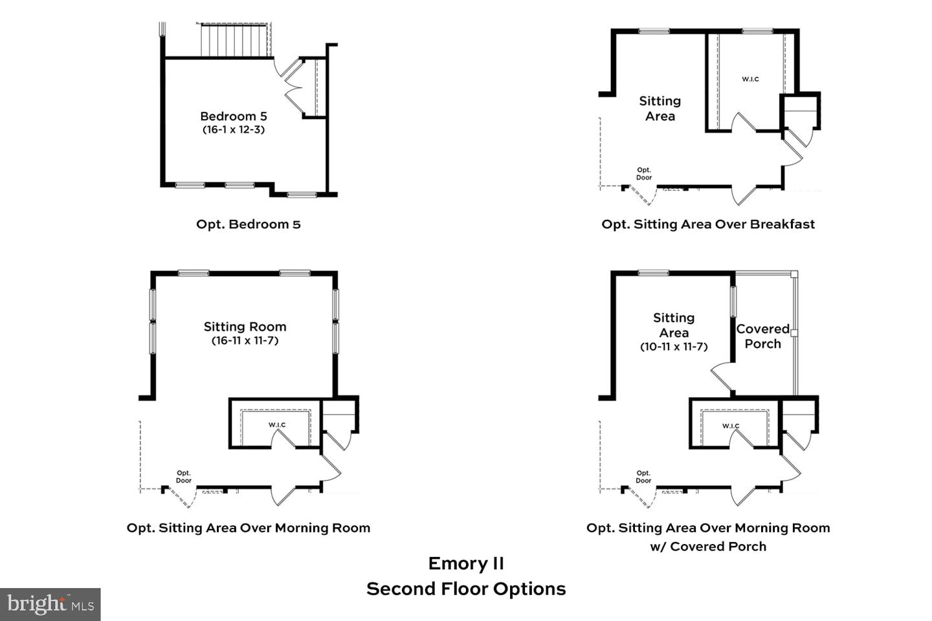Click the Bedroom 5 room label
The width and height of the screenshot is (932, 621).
pyautogui.click(x=233, y=116)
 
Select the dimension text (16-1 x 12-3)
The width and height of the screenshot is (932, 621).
pyautogui.click(x=233, y=130)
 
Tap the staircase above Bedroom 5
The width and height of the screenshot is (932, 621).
pyautogui.click(x=234, y=41)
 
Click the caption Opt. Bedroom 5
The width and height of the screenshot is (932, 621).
pyautogui.click(x=249, y=224)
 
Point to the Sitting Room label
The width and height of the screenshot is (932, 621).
pyautogui.click(x=245, y=327)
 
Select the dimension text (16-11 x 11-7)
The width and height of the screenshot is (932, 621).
pyautogui.click(x=245, y=341)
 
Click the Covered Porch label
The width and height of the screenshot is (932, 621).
pyautogui.click(x=763, y=336)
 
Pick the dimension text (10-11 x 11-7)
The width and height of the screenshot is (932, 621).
pyautogui.click(x=674, y=347)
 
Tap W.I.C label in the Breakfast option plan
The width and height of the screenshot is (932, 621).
pyautogui.click(x=750, y=79)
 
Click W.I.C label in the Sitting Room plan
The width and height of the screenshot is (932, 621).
pyautogui.click(x=277, y=425)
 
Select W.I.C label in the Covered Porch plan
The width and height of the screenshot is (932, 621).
pyautogui.click(x=731, y=426)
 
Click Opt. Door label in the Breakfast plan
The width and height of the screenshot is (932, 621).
pyautogui.click(x=644, y=174)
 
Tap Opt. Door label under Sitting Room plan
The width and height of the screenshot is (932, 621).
pyautogui.click(x=184, y=477)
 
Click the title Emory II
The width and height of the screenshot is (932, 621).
pyautogui.click(x=466, y=563)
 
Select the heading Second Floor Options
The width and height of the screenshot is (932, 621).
pyautogui.click(x=466, y=589)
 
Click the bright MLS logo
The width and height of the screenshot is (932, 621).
pyautogui.click(x=50, y=604)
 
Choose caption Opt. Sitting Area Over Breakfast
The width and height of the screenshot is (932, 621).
pyautogui.click(x=708, y=224)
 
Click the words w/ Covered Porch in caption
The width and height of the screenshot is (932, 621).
pyautogui.click(x=708, y=547)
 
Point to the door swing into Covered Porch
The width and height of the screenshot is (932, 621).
pyautogui.click(x=720, y=376)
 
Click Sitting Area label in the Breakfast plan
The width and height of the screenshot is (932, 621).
pyautogui.click(x=660, y=109)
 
